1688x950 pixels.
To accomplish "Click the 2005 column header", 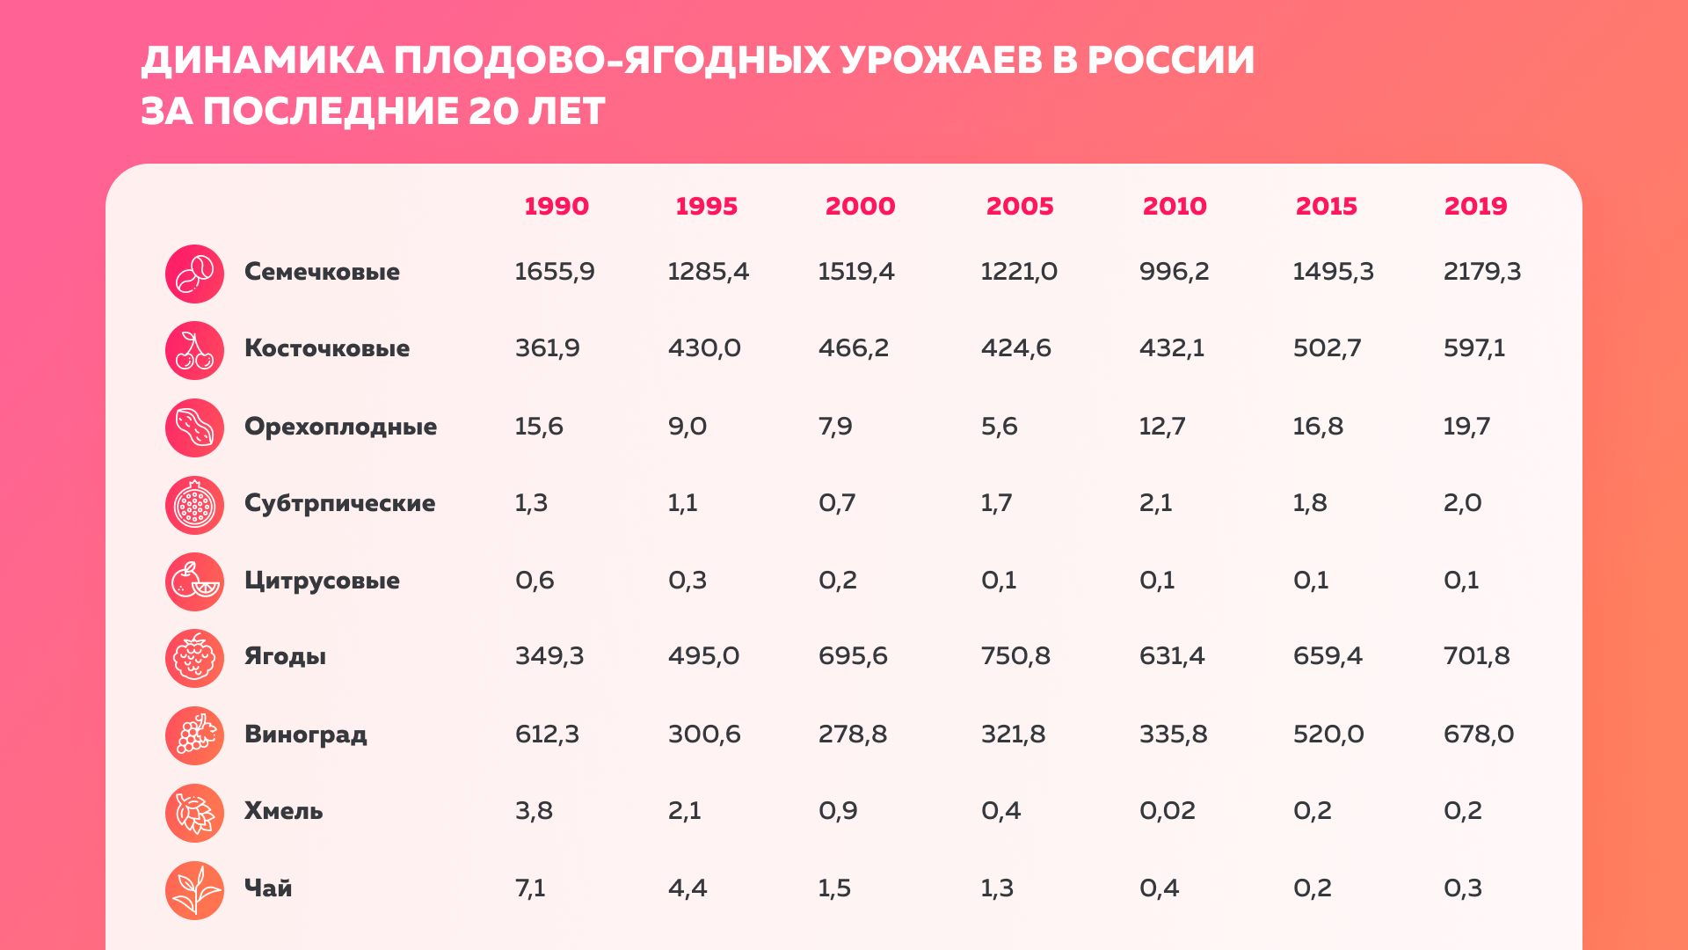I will pyautogui.click(x=1019, y=206).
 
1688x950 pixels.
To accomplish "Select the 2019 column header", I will pyautogui.click(x=1475, y=206).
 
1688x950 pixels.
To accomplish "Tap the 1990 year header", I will pyautogui.click(x=556, y=206).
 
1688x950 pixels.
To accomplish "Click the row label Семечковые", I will pyautogui.click(x=322, y=271).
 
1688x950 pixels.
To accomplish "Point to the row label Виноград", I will pyautogui.click(x=305, y=734).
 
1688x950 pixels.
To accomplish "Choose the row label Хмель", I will pyautogui.click(x=283, y=810).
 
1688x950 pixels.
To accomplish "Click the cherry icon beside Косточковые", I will pyautogui.click(x=194, y=349).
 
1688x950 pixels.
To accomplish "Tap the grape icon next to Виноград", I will pyautogui.click(x=194, y=735).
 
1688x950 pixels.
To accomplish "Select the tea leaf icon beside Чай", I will pyautogui.click(x=194, y=890).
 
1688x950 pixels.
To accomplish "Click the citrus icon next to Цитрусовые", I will pyautogui.click(x=194, y=581).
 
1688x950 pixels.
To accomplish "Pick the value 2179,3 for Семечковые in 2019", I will pyautogui.click(x=1481, y=271).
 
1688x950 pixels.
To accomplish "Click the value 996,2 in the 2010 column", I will pyautogui.click(x=1174, y=271).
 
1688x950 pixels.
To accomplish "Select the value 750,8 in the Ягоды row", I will pyautogui.click(x=1015, y=655).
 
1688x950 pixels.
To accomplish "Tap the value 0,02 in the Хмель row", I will pyautogui.click(x=1167, y=810).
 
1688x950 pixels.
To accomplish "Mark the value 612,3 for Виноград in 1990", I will pyautogui.click(x=547, y=734).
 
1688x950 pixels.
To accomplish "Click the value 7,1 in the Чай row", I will pyautogui.click(x=530, y=888).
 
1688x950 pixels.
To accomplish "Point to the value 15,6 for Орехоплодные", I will pyautogui.click(x=539, y=426).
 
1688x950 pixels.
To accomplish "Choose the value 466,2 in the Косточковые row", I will pyautogui.click(x=853, y=347).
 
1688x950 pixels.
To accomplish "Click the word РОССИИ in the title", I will pyautogui.click(x=1170, y=60).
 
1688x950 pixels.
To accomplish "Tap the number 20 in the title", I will pyautogui.click(x=492, y=111).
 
